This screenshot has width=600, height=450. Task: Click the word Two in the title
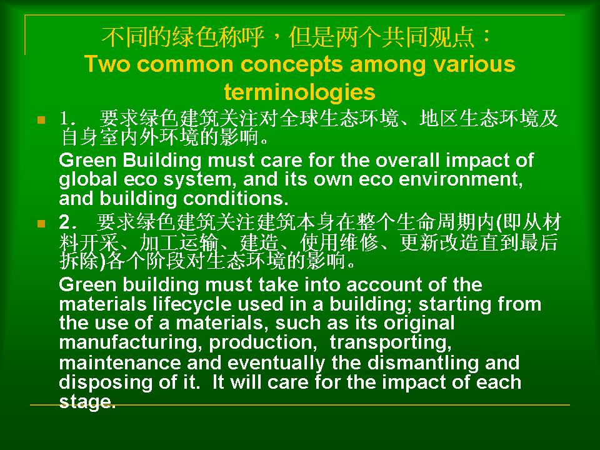107,64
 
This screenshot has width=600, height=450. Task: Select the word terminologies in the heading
299,92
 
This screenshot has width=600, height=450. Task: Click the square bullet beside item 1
41,120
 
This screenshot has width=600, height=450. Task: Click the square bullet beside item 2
41,223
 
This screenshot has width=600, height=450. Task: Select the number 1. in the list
68,119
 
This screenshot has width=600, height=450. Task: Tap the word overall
407,160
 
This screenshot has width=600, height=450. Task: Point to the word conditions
236,199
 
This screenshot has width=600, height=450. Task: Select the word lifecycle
192,305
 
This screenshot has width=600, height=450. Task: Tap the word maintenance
120,362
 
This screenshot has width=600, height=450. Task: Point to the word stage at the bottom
87,402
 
